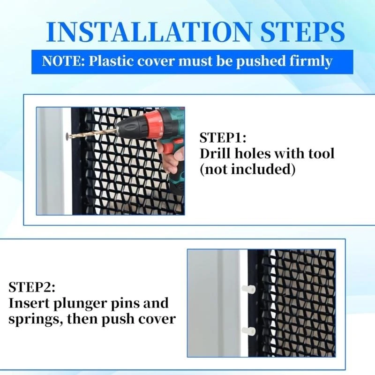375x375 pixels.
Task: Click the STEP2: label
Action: click(32, 287)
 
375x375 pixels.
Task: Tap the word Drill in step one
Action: click(215, 153)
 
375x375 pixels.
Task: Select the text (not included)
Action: click(247, 169)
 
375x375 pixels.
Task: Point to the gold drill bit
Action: click(94, 132)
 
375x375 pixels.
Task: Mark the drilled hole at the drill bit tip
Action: click(67, 136)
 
